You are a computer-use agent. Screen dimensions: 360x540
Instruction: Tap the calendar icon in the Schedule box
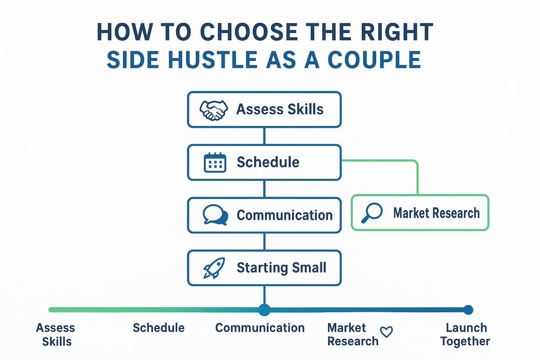click(215, 162)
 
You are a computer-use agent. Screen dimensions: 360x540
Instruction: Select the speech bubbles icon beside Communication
click(215, 215)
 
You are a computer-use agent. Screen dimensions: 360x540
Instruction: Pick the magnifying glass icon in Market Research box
click(372, 213)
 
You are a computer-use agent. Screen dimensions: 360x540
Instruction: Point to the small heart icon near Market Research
click(387, 332)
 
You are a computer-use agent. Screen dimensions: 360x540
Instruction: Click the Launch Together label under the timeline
click(465, 334)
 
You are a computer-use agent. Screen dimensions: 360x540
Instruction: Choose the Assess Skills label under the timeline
click(56, 334)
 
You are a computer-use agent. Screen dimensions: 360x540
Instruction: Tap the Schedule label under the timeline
click(158, 328)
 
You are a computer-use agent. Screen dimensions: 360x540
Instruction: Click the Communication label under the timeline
click(260, 328)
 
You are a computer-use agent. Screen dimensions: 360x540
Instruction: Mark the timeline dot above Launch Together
click(468, 310)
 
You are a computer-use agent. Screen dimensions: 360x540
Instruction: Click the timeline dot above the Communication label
click(264, 310)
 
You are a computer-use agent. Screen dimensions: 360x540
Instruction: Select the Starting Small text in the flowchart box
click(281, 268)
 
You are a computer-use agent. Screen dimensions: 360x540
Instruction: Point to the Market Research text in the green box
click(436, 213)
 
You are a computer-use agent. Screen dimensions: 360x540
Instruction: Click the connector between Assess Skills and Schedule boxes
click(264, 136)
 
